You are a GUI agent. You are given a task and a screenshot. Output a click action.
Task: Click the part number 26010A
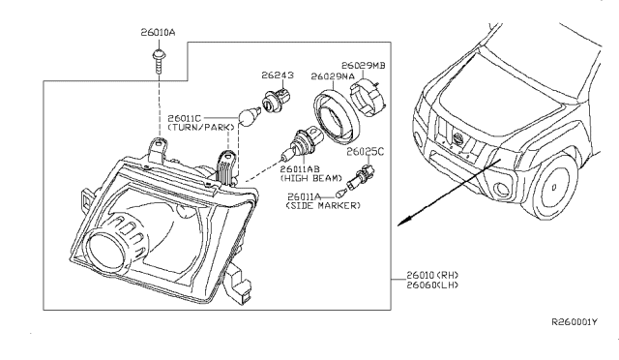(159, 33)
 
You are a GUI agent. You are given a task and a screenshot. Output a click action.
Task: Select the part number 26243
(274, 74)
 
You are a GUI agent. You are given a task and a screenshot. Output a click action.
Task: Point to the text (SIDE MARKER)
(323, 205)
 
